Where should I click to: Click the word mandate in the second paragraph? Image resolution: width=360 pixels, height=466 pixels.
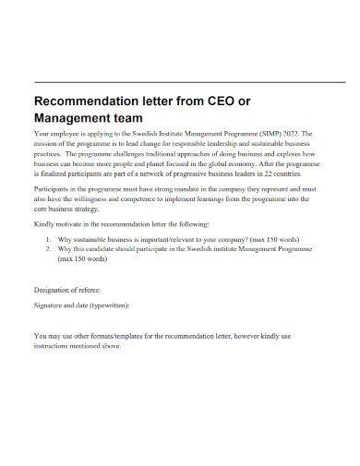[x=174, y=187]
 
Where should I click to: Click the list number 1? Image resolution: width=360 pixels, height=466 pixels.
[x=47, y=238]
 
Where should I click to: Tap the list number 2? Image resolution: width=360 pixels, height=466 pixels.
[x=47, y=249]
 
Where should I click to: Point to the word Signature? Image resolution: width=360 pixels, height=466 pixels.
[x=51, y=305]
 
